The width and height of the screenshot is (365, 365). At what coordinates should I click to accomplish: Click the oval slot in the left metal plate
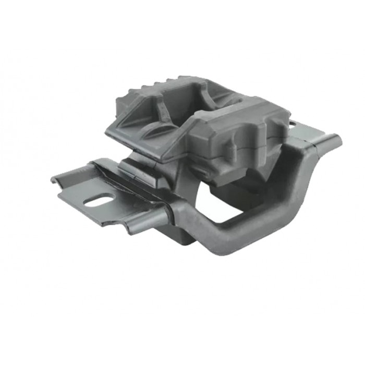[x=99, y=200]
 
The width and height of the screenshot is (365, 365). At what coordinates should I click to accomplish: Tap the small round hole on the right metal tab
[x=293, y=124]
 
